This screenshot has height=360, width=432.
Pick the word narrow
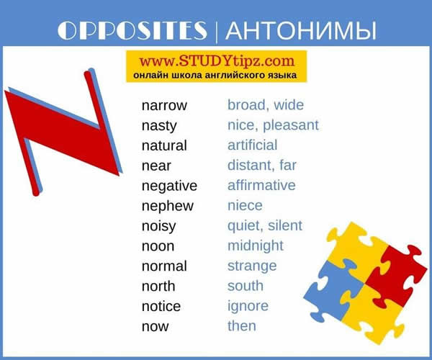point(164,105)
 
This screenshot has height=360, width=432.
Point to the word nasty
point(159,125)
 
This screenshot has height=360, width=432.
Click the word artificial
point(252,145)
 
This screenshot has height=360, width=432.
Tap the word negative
point(169,186)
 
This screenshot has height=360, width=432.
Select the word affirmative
point(261,185)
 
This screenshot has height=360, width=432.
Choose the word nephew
point(168,206)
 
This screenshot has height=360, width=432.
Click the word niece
point(245,205)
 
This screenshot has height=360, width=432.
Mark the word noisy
point(158,226)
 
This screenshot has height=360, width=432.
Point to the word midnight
point(256,246)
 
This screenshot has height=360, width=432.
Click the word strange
point(252,266)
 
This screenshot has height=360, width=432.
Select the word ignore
point(248,306)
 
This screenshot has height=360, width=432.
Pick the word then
point(241,325)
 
